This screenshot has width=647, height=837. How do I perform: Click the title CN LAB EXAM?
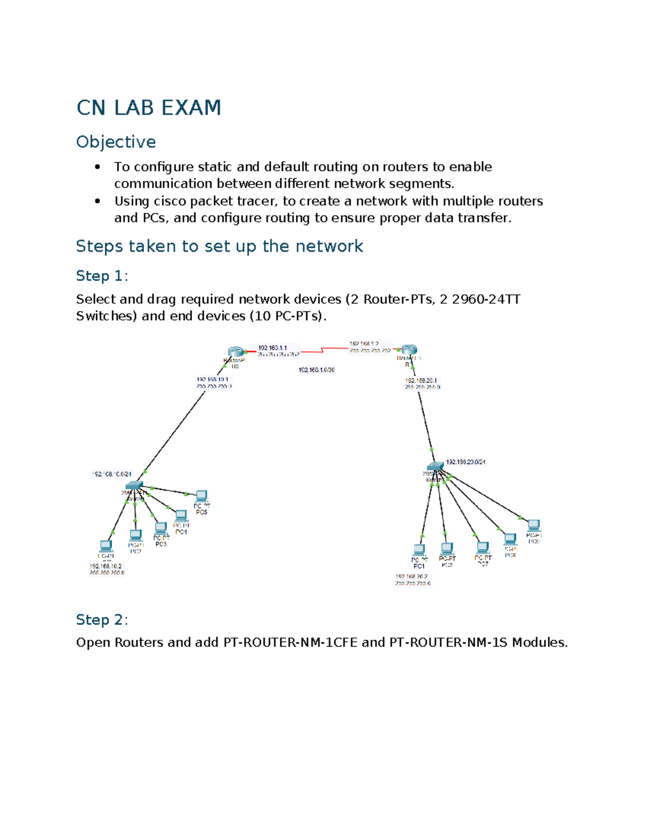point(149,108)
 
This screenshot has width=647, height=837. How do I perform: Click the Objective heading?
point(116,142)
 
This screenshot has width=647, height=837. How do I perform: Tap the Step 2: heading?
point(102,620)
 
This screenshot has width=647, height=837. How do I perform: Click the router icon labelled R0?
point(236,352)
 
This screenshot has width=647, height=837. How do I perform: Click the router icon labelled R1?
point(409,350)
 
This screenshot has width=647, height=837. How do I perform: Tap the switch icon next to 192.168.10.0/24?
point(134,486)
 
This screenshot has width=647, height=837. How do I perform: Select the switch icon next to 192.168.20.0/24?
point(435,466)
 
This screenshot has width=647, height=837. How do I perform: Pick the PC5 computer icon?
point(202,495)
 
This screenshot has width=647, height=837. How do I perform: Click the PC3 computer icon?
point(161,528)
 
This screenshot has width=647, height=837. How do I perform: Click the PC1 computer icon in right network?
point(419,550)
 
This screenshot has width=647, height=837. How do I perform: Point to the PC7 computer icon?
point(483,548)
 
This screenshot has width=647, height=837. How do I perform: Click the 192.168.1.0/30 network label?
point(316,370)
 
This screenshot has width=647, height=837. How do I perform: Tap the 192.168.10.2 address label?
point(106,566)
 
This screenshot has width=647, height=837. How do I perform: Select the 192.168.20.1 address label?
point(421,381)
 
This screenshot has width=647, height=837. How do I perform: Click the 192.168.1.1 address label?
point(273,348)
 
